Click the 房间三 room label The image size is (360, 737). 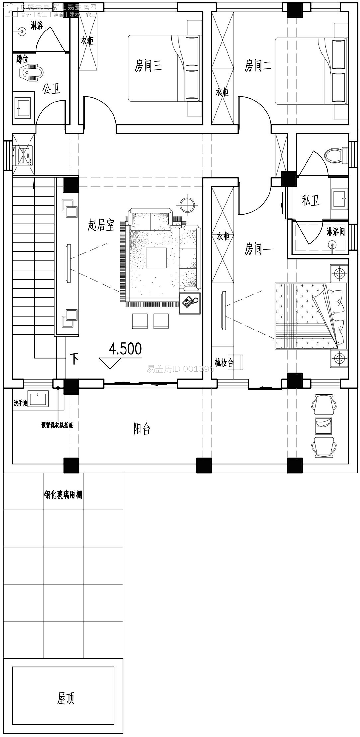click(148, 66)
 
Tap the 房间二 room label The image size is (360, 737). click(258, 66)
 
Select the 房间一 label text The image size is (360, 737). click(258, 249)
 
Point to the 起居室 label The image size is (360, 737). click(101, 225)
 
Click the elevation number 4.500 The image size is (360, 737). click(125, 349)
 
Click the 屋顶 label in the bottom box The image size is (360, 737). click(66, 698)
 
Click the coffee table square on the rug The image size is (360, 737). click(156, 258)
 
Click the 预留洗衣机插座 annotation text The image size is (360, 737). click(57, 425)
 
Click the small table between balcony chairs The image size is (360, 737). click(323, 426)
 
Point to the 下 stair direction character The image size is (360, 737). click(74, 359)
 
